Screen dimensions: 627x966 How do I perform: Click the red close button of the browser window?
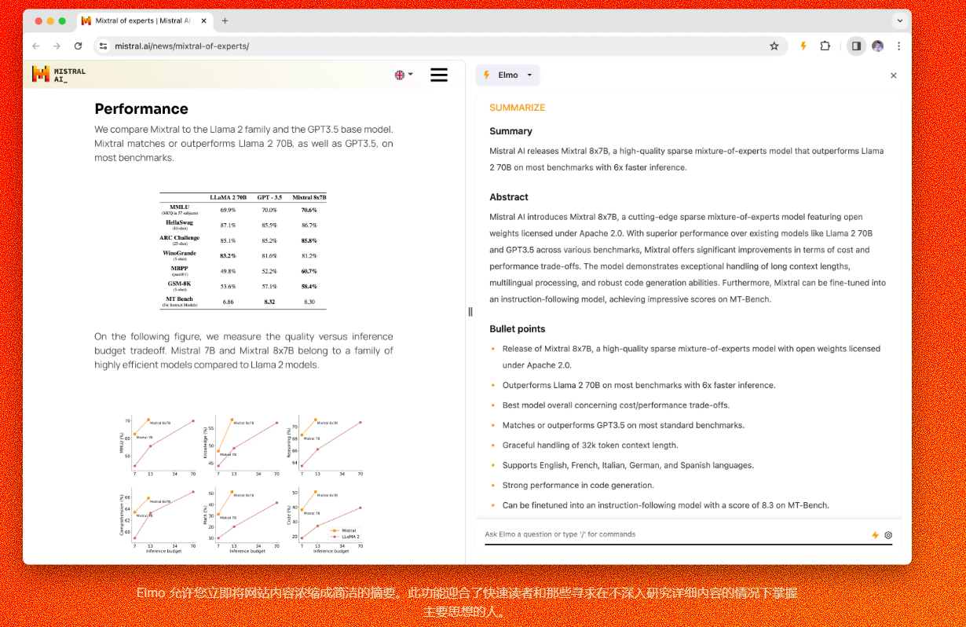(38, 21)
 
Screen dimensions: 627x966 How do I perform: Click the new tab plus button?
(225, 21)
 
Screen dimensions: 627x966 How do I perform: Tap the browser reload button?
(78, 46)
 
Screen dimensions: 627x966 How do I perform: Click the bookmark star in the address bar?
(774, 46)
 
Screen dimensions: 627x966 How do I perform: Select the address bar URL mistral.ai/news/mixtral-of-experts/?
(182, 46)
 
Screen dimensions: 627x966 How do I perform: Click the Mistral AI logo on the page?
(58, 75)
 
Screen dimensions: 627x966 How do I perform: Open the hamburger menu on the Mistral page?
(439, 75)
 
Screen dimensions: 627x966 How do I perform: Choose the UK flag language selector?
(403, 75)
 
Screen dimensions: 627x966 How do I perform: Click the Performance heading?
(141, 108)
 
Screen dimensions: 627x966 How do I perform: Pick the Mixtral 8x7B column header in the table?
(309, 197)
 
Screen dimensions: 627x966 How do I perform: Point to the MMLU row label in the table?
(180, 207)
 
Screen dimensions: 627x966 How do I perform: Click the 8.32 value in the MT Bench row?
(269, 302)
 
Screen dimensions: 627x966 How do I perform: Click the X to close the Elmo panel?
(893, 75)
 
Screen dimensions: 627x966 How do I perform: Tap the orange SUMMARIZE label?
(517, 108)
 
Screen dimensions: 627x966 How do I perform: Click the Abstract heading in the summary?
(509, 197)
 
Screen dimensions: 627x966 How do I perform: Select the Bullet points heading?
(517, 329)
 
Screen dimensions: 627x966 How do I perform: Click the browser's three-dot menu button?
(898, 46)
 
